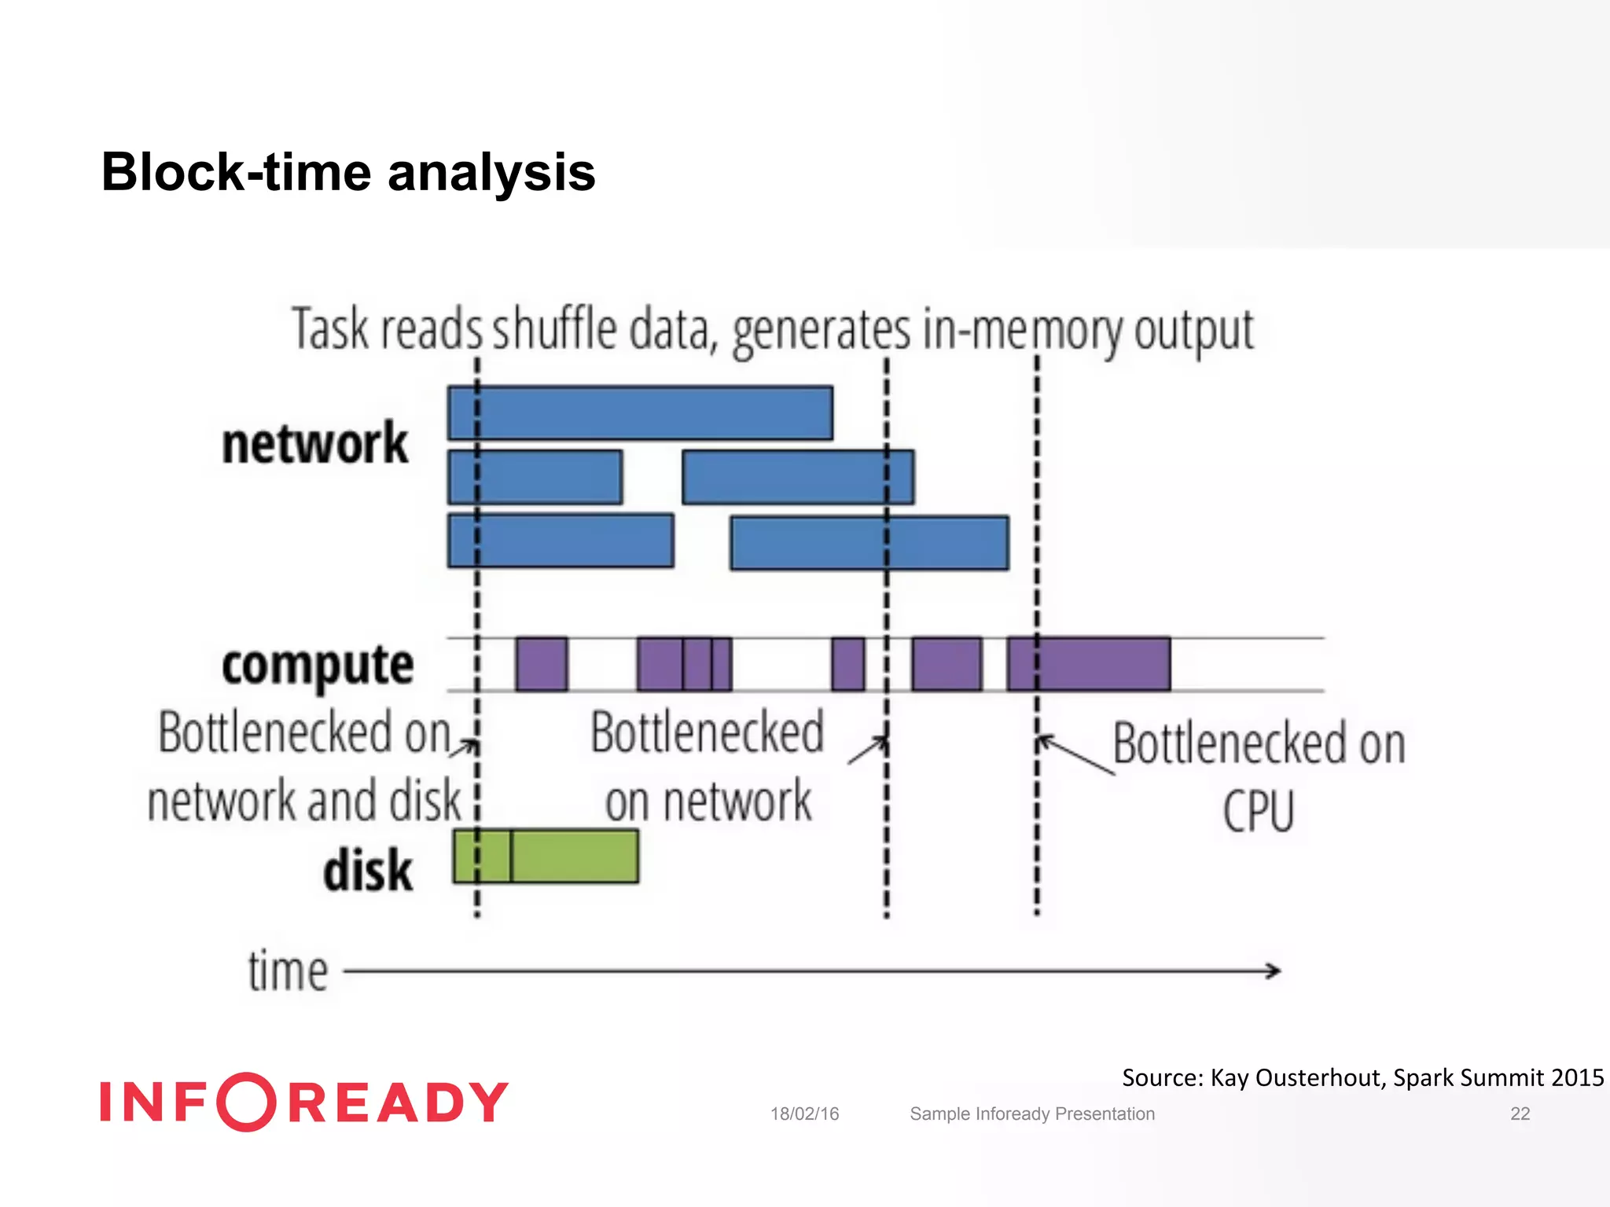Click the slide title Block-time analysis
click(x=348, y=172)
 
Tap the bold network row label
click(x=314, y=443)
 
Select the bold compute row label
click(x=318, y=665)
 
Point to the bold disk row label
click(x=367, y=871)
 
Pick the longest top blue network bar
click(x=640, y=413)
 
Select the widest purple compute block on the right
click(x=1089, y=664)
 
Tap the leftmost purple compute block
click(x=541, y=664)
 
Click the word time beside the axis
click(x=288, y=971)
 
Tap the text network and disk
click(x=304, y=801)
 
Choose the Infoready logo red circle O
click(x=246, y=1102)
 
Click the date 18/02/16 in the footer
click(x=804, y=1113)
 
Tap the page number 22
click(x=1520, y=1113)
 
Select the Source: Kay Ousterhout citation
click(x=1362, y=1077)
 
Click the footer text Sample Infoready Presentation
click(x=1031, y=1113)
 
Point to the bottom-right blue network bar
click(x=869, y=542)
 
